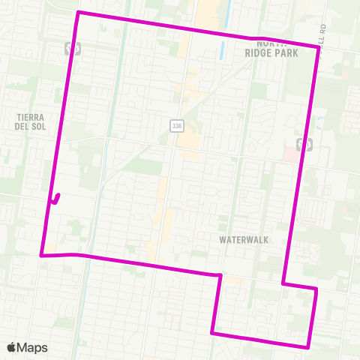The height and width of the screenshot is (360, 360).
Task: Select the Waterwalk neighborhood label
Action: point(244,240)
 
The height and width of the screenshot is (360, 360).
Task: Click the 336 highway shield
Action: point(176,126)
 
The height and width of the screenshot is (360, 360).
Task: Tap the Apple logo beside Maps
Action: point(11,347)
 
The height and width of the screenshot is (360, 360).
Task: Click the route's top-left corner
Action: point(78,13)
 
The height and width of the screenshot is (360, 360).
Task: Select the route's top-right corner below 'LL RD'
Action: point(319,47)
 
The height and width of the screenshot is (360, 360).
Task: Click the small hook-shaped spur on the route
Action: point(56,199)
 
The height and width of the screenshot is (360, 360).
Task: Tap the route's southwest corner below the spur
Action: point(41,255)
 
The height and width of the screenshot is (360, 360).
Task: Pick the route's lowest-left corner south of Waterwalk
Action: point(213,332)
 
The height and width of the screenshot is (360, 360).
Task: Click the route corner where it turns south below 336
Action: point(220,275)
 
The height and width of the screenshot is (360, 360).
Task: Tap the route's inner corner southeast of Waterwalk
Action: point(283,283)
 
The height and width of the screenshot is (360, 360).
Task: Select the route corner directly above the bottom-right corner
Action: point(317,288)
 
